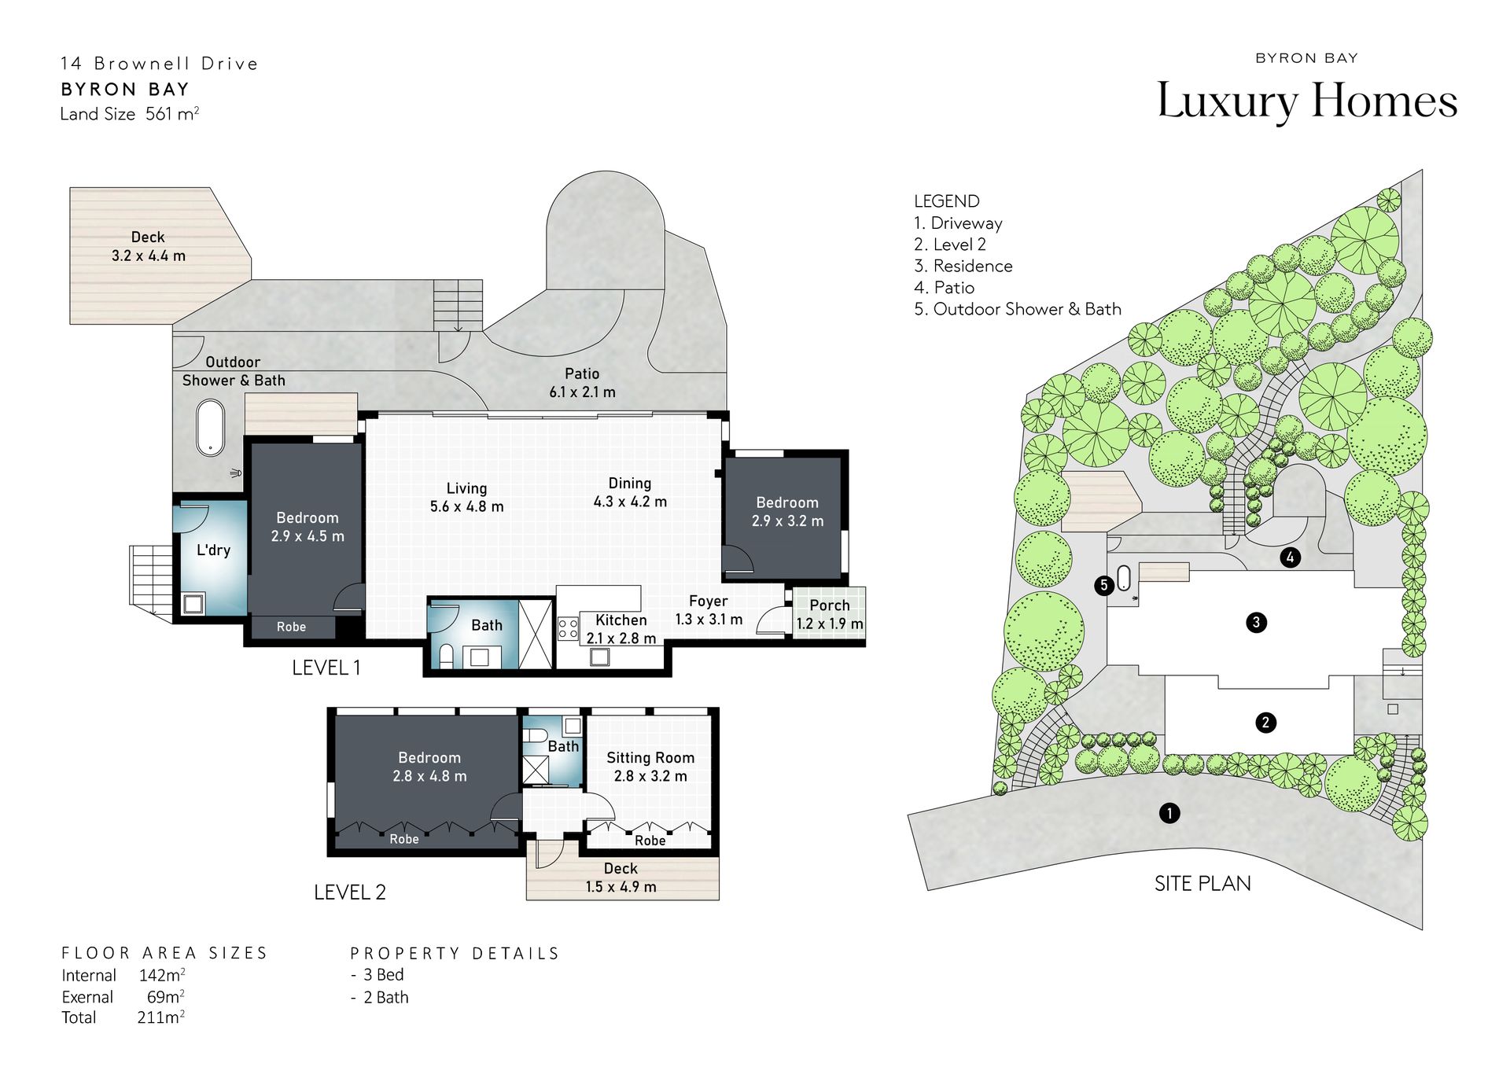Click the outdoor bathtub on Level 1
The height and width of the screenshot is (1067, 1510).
click(210, 428)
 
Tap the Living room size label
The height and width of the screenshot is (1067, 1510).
click(466, 498)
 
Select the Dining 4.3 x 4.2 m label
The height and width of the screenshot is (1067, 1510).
click(630, 492)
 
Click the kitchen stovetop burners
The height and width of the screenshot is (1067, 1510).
click(568, 627)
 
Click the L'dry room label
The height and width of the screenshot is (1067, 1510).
click(213, 550)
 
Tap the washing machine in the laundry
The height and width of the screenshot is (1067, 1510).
click(193, 604)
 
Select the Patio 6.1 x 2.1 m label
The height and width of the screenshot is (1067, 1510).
click(582, 383)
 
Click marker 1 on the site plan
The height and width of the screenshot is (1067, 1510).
click(1169, 812)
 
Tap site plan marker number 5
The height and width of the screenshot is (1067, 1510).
click(1104, 585)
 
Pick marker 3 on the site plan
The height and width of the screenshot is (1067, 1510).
click(1256, 623)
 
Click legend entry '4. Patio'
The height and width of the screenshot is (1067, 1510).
click(944, 288)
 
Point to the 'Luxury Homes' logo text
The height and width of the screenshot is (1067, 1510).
click(1307, 101)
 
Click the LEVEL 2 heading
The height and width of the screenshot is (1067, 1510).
click(350, 892)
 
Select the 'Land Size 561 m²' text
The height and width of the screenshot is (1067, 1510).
click(130, 114)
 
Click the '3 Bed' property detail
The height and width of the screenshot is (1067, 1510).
click(383, 975)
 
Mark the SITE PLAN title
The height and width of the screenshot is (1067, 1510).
click(1202, 884)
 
